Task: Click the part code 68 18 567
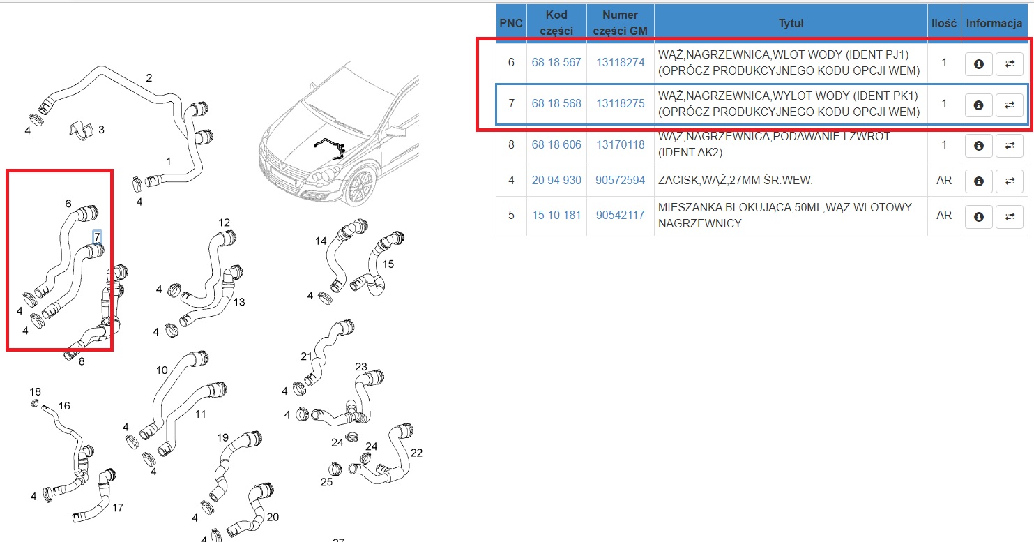coord(556,62)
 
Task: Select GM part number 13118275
coord(620,103)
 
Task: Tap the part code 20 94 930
coord(556,180)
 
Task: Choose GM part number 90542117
coord(620,215)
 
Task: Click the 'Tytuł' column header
coord(791,23)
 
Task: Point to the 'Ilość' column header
coord(944,23)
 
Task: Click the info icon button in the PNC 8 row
coord(978,146)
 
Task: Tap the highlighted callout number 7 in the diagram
coord(97,237)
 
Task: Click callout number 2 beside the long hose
coord(149,78)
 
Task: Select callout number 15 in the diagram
coord(388,264)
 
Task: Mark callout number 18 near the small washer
coord(35,392)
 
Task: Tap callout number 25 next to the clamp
coord(326,482)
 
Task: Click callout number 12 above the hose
coord(224,223)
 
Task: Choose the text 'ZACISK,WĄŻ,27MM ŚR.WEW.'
coord(735,180)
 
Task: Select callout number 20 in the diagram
coord(273,517)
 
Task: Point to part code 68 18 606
coord(556,144)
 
